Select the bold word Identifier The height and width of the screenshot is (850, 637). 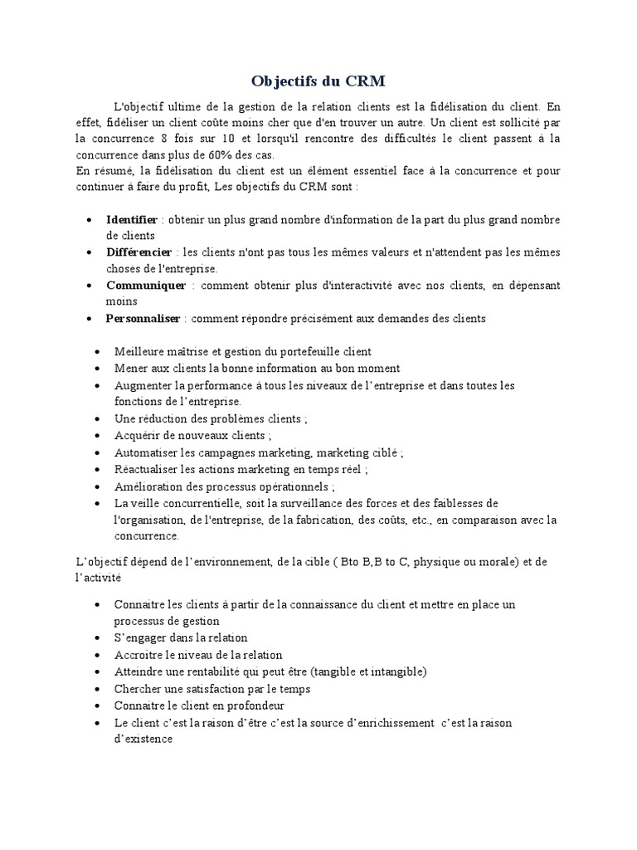click(131, 220)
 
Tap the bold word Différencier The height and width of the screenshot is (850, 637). click(139, 252)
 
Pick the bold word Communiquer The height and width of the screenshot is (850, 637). click(146, 286)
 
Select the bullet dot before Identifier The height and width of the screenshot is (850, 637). click(90, 221)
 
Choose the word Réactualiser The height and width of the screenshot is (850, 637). click(144, 470)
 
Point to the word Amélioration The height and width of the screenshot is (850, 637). click(148, 487)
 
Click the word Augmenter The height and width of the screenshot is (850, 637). click(143, 386)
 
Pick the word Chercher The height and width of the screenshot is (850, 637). click(138, 689)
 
